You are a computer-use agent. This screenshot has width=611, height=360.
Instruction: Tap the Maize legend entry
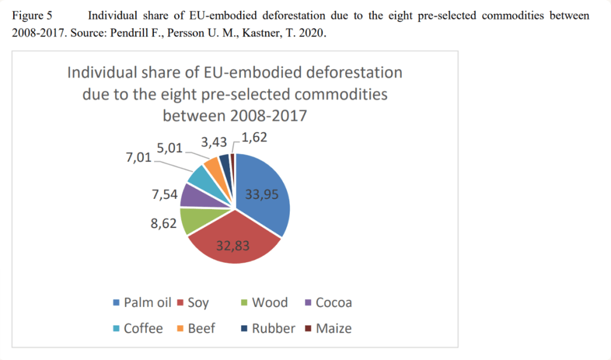[x=328, y=328]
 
